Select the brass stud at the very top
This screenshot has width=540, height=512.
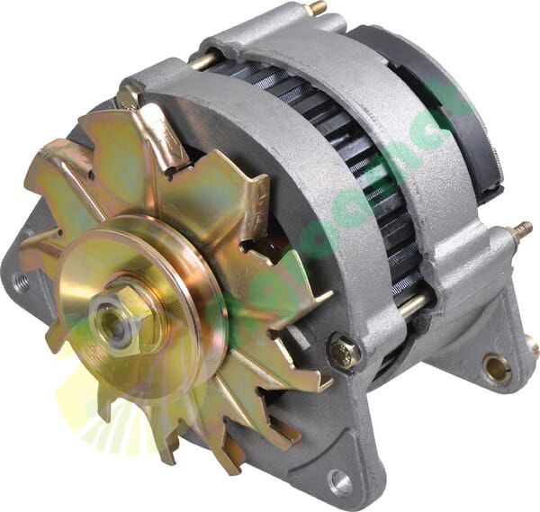pos(317,8)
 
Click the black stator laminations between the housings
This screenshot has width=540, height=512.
pos(360,180)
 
